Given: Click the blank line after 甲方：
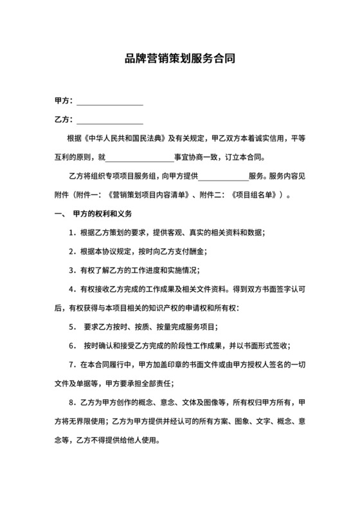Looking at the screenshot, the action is point(109,102).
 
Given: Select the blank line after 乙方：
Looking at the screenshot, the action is point(109,120).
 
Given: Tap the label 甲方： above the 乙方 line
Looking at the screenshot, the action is point(64,102).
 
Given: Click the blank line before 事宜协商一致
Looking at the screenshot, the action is point(139,157).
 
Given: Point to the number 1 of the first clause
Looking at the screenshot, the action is point(71,231).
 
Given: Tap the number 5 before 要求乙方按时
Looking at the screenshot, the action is point(71,326).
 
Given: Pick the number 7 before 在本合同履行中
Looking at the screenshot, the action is point(71,364).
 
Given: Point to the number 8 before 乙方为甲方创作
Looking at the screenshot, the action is point(71,403).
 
